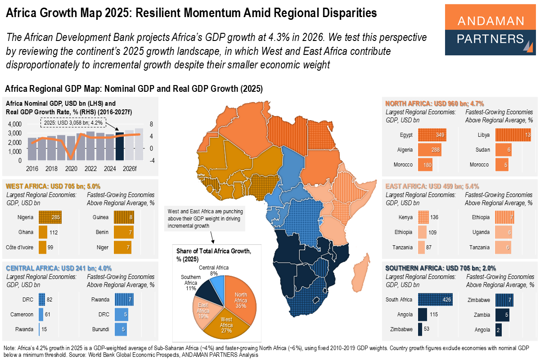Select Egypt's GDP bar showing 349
click(432, 135)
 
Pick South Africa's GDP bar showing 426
click(435, 300)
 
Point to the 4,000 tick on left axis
click(15, 124)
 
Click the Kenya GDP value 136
click(434, 217)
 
